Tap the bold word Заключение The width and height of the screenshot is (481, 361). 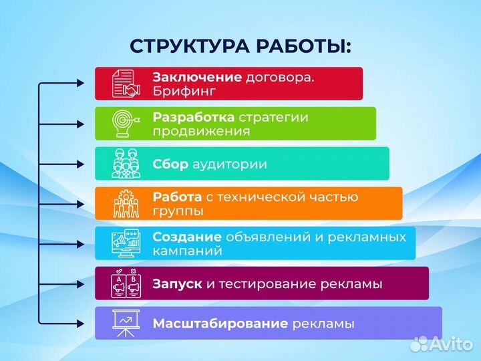coord(197,77)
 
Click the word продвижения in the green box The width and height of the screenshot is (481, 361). coord(201,131)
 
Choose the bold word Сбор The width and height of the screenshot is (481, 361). coord(170,164)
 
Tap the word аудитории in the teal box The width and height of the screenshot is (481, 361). coord(230,164)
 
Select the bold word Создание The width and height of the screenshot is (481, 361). coord(187,237)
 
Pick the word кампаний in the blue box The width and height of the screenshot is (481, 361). coord(187,251)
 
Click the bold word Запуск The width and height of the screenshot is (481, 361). coord(177,283)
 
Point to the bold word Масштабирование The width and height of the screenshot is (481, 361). coord(220,324)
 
